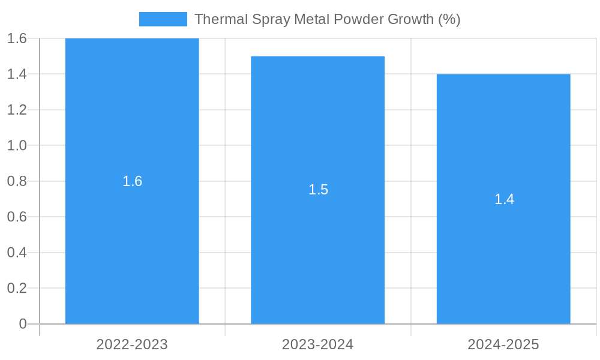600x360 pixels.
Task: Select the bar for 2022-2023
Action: click(132, 240)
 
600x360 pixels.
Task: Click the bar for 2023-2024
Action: click(317, 252)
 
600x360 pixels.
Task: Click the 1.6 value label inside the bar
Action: click(132, 181)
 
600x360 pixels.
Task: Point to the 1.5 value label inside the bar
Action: click(318, 190)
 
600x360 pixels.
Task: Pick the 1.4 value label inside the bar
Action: click(504, 199)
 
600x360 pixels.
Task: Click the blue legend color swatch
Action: click(163, 19)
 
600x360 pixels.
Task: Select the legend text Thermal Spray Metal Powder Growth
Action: click(327, 19)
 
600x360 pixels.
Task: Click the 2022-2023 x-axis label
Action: click(132, 344)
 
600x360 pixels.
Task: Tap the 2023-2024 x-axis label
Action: click(317, 344)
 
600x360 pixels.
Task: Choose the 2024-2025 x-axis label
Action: click(503, 344)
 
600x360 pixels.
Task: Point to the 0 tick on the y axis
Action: click(23, 324)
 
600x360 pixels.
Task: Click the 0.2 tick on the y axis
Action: click(17, 288)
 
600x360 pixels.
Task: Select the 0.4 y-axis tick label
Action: click(17, 253)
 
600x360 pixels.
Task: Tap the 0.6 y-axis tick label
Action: click(17, 217)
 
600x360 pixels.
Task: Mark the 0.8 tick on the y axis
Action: click(17, 181)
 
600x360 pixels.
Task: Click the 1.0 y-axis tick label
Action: click(17, 145)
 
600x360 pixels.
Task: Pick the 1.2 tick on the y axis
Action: click(17, 110)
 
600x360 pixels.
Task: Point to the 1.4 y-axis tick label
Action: click(17, 74)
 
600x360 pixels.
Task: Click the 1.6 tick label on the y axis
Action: click(17, 38)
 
